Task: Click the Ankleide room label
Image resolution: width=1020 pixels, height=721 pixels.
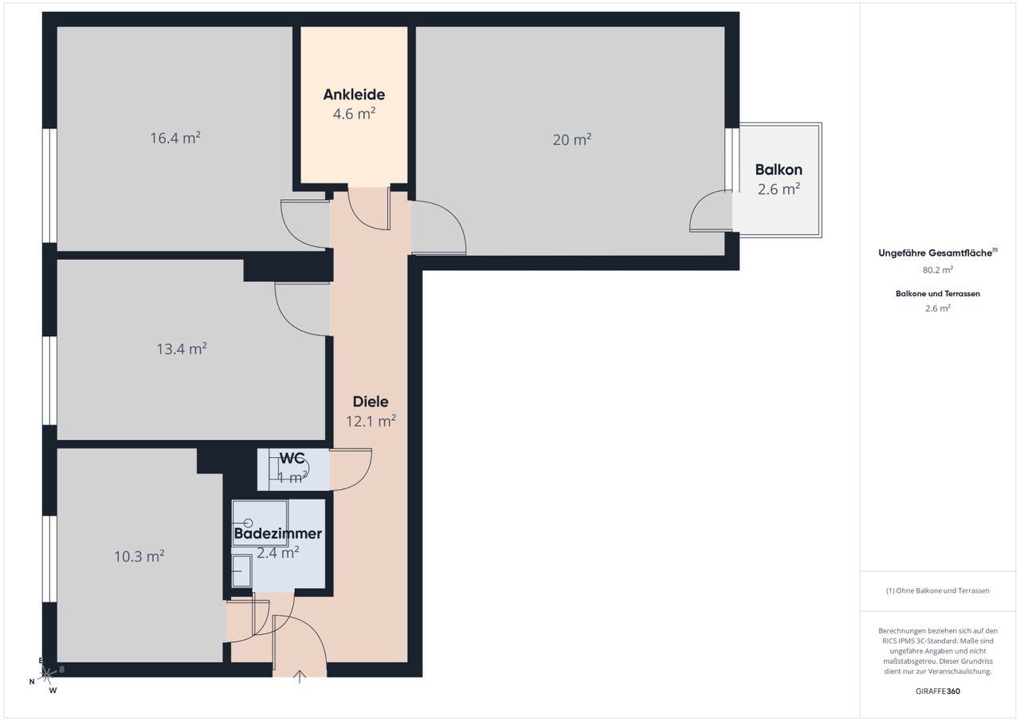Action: tap(354, 95)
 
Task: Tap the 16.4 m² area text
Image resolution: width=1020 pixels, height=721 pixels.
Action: tap(175, 138)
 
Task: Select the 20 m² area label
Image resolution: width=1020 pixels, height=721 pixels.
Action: tap(572, 139)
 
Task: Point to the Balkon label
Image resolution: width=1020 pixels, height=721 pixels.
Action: tap(779, 170)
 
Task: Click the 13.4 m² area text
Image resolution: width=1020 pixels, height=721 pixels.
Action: tap(182, 349)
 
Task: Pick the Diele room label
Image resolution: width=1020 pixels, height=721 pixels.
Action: tap(371, 402)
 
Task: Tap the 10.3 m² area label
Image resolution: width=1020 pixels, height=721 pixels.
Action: tap(139, 556)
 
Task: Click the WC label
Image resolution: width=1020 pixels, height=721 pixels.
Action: tap(292, 458)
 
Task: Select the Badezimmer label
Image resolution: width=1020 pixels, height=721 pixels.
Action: tap(278, 534)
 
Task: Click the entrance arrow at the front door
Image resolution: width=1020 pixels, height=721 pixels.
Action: tap(299, 676)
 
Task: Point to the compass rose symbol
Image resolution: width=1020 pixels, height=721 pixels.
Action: tap(46, 675)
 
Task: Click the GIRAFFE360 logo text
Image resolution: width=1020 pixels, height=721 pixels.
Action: tap(938, 691)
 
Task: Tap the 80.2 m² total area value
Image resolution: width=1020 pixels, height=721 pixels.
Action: tap(938, 270)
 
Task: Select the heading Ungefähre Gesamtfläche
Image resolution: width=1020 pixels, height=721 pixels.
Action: tap(936, 253)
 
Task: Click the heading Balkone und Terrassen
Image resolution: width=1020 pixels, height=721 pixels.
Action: tap(938, 294)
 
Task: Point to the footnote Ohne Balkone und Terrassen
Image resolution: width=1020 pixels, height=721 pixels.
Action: tap(938, 590)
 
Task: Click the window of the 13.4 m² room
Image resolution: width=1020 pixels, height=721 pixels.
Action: tap(49, 381)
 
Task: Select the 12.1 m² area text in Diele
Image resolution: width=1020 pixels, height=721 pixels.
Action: tap(371, 421)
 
